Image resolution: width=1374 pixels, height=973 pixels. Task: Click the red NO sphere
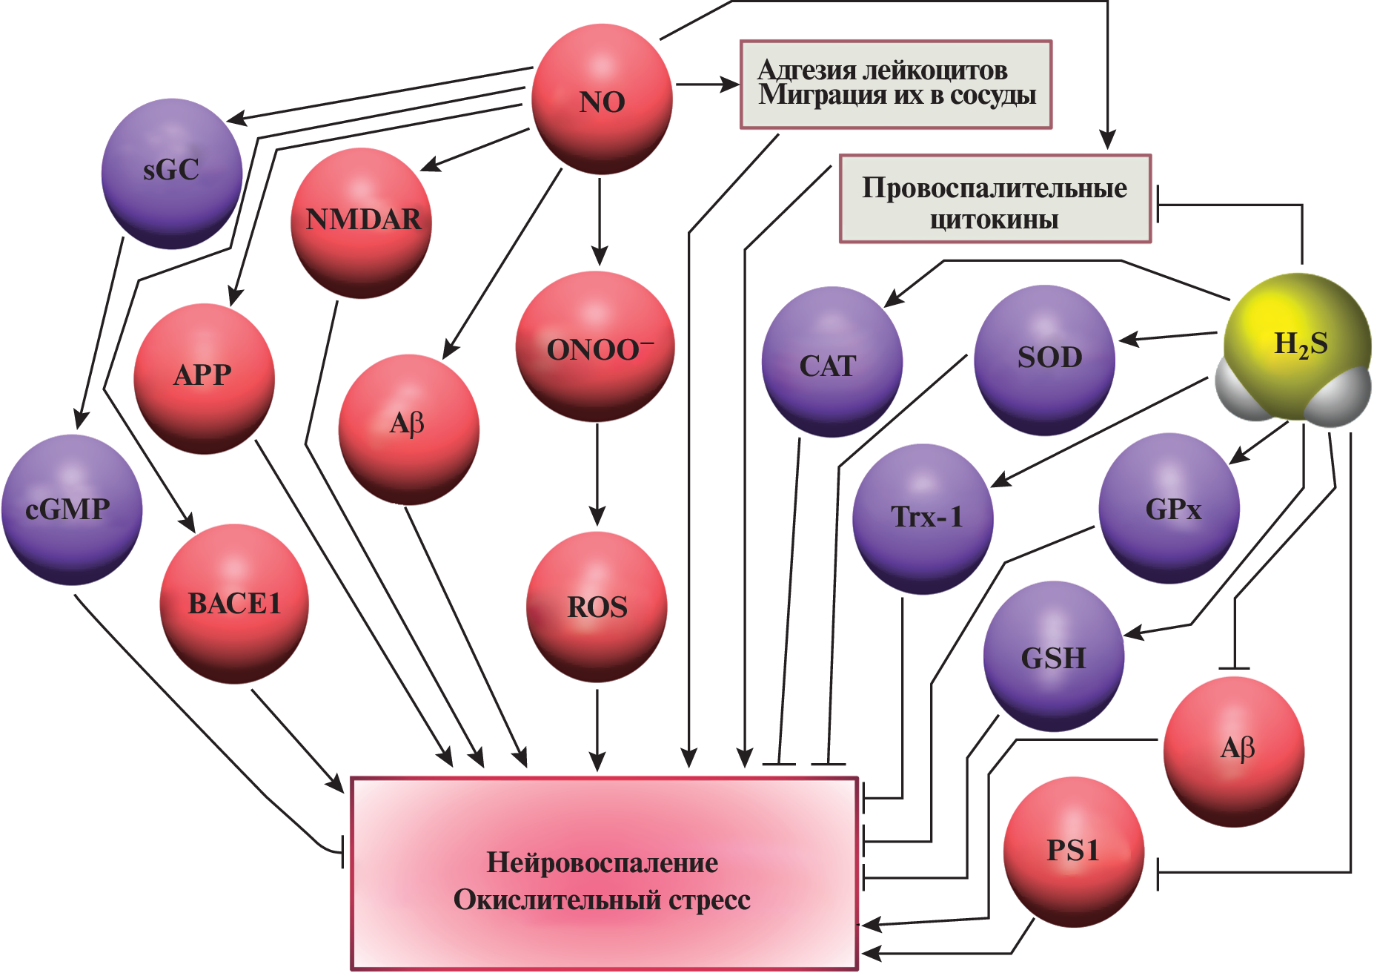[602, 100]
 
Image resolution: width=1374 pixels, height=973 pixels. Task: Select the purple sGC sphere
[171, 172]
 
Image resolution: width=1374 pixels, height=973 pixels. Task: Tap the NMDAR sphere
[362, 221]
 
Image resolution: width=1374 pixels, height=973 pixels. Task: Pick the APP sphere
[204, 377]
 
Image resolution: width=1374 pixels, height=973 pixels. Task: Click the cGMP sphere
[71, 509]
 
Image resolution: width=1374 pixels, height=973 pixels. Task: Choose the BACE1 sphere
[234, 603]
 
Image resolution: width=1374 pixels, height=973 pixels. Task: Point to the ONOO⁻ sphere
[595, 347]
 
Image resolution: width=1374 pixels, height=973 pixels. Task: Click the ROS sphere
[597, 607]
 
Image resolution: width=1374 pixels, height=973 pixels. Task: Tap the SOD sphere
[1045, 359]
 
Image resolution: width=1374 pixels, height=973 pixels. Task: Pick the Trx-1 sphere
[923, 518]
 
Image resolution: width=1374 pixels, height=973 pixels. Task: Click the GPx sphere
[1169, 509]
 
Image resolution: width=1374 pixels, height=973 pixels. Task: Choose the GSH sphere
[1053, 657]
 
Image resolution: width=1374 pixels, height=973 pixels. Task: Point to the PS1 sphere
[1074, 851]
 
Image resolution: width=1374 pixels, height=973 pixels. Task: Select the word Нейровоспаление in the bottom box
[602, 862]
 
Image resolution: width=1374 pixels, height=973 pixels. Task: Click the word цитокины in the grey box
[994, 220]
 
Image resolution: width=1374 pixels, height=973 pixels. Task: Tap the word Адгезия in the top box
[806, 70]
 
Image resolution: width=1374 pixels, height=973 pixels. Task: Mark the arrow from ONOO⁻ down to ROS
[597, 475]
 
